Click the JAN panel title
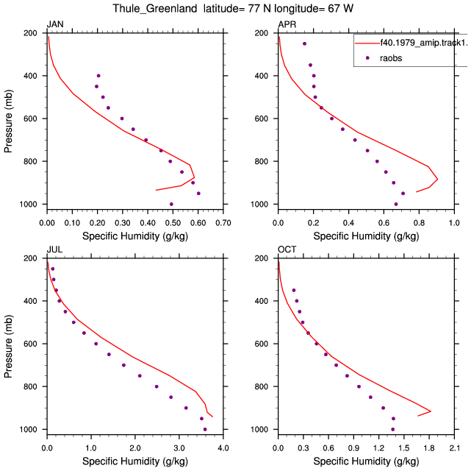(x=55, y=24)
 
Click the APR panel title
(x=287, y=24)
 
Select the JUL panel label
(x=54, y=249)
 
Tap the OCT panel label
(x=287, y=249)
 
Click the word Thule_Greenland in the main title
(x=155, y=8)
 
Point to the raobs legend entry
(x=391, y=58)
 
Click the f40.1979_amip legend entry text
(x=423, y=43)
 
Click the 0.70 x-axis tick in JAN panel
(x=223, y=223)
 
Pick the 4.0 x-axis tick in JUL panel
(x=223, y=448)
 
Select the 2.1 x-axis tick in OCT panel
(x=455, y=448)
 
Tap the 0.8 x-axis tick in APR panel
(x=419, y=223)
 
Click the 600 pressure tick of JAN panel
(x=30, y=118)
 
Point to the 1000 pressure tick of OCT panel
(x=259, y=429)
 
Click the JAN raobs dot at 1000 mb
(x=171, y=204)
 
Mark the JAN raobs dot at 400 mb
(x=98, y=76)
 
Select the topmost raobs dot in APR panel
(x=305, y=43)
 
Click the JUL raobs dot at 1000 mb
(x=205, y=429)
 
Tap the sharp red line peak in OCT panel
(x=431, y=411)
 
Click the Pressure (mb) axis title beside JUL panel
(x=8, y=346)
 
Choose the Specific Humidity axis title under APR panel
(x=366, y=236)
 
